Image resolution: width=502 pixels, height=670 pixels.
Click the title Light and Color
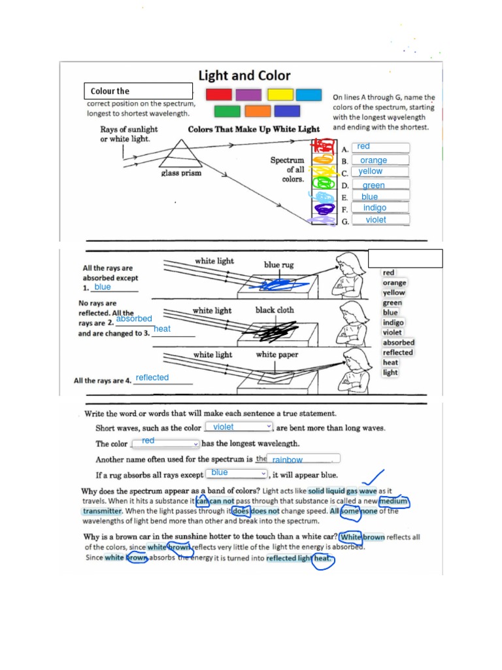(244, 76)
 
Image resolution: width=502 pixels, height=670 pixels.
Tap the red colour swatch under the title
(218, 95)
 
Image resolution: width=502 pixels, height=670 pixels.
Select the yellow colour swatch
(280, 95)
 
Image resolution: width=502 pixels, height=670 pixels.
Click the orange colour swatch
(258, 111)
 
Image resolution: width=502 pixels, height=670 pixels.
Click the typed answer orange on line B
(374, 160)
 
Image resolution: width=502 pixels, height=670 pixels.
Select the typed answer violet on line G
(376, 220)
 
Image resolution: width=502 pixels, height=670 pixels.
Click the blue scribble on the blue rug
(269, 284)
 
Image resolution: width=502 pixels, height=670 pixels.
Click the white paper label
(276, 355)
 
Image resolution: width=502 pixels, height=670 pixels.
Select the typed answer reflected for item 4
(152, 378)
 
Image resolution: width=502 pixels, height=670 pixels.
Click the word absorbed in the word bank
(398, 342)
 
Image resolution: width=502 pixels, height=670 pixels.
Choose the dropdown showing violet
(239, 427)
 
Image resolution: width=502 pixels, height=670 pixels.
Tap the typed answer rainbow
(288, 460)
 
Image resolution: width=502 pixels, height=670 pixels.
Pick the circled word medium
(393, 502)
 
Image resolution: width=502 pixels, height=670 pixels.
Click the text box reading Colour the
(138, 91)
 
